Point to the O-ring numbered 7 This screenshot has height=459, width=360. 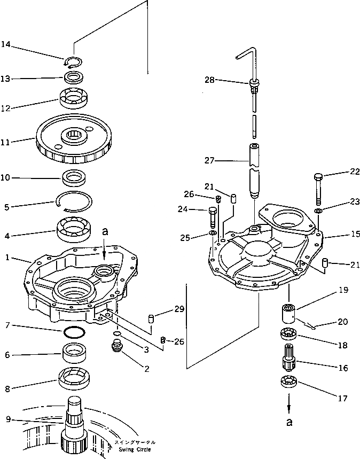tap(73, 332)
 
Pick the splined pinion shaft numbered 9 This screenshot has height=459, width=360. tap(75, 427)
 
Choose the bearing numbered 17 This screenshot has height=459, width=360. tap(289, 384)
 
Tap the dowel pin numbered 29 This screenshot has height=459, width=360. tap(151, 319)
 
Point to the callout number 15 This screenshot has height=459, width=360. tap(341, 234)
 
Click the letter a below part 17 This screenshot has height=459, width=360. tap(289, 423)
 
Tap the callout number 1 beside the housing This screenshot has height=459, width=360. tap(7, 258)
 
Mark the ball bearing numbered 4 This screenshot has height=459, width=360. tap(74, 230)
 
